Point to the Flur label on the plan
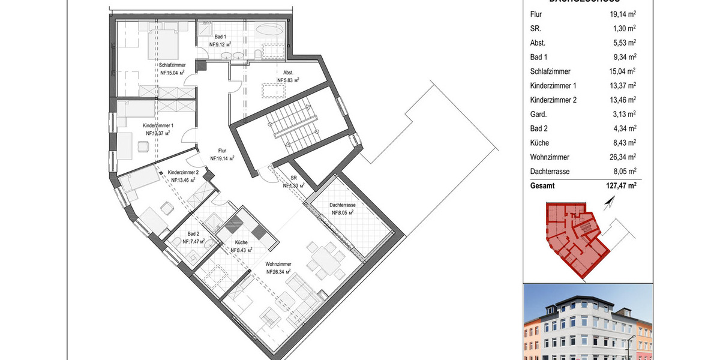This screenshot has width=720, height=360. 222,152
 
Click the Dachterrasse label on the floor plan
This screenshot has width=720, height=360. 342,205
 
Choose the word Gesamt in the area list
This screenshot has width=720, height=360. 542,186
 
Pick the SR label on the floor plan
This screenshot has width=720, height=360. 294,179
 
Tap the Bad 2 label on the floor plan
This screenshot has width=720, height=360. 193,234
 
